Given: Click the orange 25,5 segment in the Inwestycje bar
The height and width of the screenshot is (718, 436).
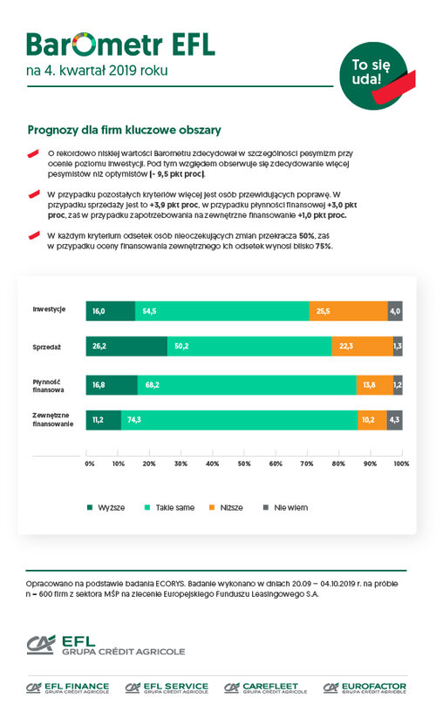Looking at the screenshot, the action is (x=349, y=311).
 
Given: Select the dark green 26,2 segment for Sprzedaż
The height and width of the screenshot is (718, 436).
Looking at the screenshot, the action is (x=126, y=346).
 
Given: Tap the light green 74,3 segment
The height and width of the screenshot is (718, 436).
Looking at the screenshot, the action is (x=239, y=420).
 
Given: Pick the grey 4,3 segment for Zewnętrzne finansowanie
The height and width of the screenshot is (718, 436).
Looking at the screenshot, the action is (x=395, y=420).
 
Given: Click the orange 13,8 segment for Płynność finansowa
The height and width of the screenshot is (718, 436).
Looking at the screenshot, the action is (x=375, y=385).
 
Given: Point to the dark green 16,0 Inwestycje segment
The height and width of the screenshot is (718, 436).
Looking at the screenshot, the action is (x=111, y=311).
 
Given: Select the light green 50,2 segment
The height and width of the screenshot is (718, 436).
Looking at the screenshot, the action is (x=249, y=346).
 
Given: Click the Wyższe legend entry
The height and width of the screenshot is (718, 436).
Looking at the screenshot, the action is (x=106, y=507).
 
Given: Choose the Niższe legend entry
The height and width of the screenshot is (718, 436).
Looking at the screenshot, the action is (x=226, y=507).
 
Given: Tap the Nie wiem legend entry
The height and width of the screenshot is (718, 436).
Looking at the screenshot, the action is (x=285, y=507).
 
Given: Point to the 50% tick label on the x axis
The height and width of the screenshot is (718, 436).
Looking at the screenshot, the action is (x=244, y=464).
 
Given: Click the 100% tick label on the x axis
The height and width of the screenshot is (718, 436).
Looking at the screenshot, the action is (x=401, y=464).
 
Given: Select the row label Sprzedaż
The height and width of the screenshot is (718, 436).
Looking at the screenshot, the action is (x=47, y=347).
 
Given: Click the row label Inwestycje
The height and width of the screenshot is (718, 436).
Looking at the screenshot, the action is (x=49, y=309).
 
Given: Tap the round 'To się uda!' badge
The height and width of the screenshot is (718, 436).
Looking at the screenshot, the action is (x=373, y=76).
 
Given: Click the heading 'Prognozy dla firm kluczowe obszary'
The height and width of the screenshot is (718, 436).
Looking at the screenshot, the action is (x=124, y=130).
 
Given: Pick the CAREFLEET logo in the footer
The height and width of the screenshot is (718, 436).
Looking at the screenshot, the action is (x=265, y=688).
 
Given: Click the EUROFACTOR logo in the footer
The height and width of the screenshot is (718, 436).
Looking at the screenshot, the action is (x=365, y=688).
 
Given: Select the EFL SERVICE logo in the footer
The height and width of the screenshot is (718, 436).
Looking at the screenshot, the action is (x=167, y=688).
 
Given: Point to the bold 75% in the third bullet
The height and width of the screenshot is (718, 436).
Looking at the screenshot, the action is (x=324, y=246).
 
